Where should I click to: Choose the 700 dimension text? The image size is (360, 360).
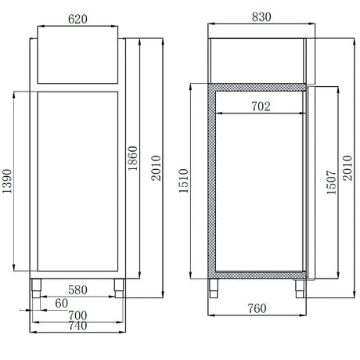(77, 316)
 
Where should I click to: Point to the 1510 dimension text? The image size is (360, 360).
(185, 182)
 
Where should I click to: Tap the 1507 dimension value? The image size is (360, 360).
(331, 182)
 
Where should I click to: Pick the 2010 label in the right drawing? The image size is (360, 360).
(347, 166)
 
